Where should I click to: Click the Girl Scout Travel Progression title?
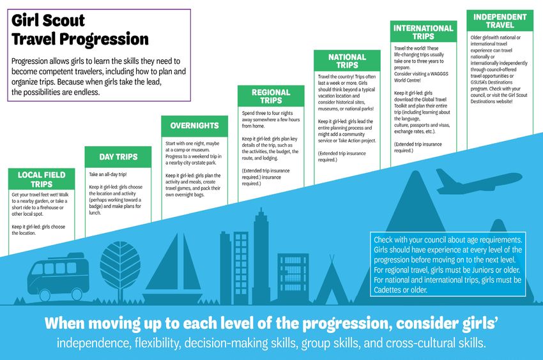coord(80,30)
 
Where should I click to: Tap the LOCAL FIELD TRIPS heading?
coord(42,179)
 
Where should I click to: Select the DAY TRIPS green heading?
coord(118,157)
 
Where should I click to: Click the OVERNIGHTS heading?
coord(194,126)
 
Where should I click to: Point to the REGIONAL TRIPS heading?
coord(271,96)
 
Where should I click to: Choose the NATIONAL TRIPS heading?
coord(347,61)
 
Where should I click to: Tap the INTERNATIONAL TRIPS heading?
coord(423,32)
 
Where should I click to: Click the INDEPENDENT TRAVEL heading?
coord(500,21)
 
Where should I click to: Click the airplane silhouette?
coord(478,181)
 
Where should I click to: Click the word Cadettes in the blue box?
coord(386,290)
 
